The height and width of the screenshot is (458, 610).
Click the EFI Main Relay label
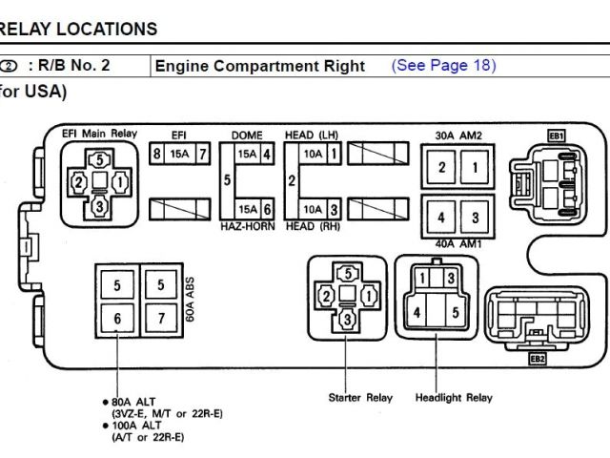coord(100,134)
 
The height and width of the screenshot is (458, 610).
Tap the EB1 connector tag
coord(557,135)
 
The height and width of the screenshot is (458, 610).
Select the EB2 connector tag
coord(538,359)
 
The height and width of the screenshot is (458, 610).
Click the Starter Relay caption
coord(359,397)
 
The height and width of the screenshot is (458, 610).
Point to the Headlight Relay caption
coord(454,397)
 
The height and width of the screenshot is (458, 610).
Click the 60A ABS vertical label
coord(190,300)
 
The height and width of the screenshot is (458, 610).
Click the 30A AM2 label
coord(457,135)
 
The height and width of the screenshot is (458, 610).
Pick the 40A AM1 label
coord(457,242)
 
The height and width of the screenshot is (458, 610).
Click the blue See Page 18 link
coord(443,66)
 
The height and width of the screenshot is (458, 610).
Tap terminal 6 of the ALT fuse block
coord(116,318)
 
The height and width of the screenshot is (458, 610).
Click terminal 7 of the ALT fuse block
coord(162,318)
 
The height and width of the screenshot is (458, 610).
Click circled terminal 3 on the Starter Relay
coord(348,318)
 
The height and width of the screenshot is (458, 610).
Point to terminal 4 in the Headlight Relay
coord(416,311)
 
